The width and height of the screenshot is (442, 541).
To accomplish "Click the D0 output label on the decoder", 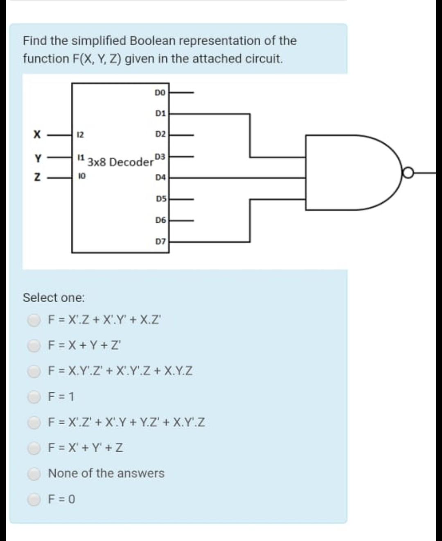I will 160,93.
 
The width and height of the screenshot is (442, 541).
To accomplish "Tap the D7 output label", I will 160,242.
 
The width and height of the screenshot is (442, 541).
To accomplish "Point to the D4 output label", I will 160,178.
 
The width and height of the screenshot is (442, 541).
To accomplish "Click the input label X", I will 38,134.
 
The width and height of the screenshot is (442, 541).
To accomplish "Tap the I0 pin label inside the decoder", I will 81,178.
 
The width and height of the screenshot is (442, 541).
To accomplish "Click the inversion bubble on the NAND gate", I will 408,174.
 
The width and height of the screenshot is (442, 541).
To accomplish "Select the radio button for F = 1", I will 34,396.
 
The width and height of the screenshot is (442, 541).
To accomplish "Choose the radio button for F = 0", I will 34,499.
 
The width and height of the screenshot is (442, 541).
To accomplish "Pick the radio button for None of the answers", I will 34,473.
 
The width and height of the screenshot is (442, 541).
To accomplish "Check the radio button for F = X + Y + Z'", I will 34,346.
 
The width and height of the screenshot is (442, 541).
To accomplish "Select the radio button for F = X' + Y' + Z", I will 34,448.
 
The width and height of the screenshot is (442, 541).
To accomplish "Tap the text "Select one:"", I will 54,297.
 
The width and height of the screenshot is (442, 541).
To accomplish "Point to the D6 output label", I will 160,220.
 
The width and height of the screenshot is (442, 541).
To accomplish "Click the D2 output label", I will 160,134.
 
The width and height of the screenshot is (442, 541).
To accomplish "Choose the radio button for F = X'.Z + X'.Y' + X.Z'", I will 34,320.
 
